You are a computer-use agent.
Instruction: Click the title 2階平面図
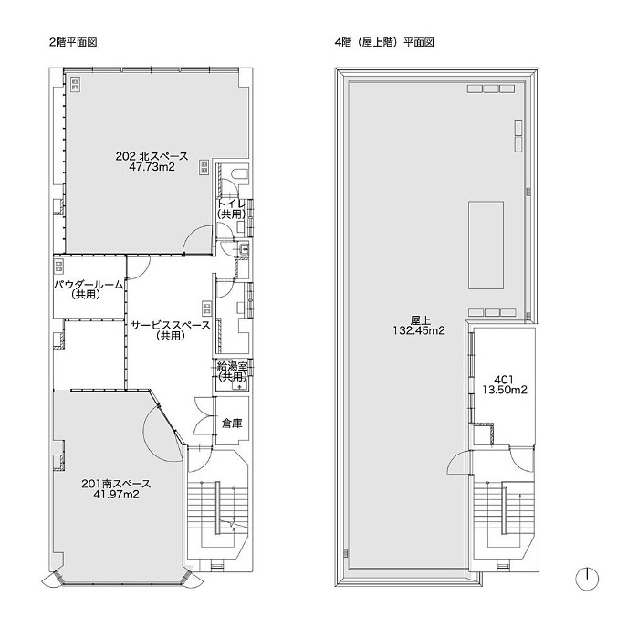pos(73,43)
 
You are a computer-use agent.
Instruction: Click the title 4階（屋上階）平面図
pos(384,43)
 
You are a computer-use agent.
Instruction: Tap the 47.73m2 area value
pos(152,167)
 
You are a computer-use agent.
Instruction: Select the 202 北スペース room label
pos(152,156)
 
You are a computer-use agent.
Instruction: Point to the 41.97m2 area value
pos(116,494)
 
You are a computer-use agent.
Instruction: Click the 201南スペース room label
pos(116,483)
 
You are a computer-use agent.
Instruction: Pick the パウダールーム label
pos(89,284)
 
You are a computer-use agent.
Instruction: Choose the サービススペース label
pos(171,326)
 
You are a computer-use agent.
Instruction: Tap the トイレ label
pos(232,204)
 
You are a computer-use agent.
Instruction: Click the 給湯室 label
pos(232,367)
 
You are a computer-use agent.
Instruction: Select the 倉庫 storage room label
pos(232,424)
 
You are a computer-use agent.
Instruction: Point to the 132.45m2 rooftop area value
pos(419,330)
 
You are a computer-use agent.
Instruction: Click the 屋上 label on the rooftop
pos(419,319)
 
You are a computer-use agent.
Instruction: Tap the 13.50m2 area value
pos(505,390)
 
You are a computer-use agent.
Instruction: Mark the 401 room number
pos(504,380)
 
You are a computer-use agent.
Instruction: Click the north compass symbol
pos(587,579)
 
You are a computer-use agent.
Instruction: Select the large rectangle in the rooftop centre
pos(486,245)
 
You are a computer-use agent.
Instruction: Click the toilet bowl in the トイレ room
pos(240,173)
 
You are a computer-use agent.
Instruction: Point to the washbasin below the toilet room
pos(243,248)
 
